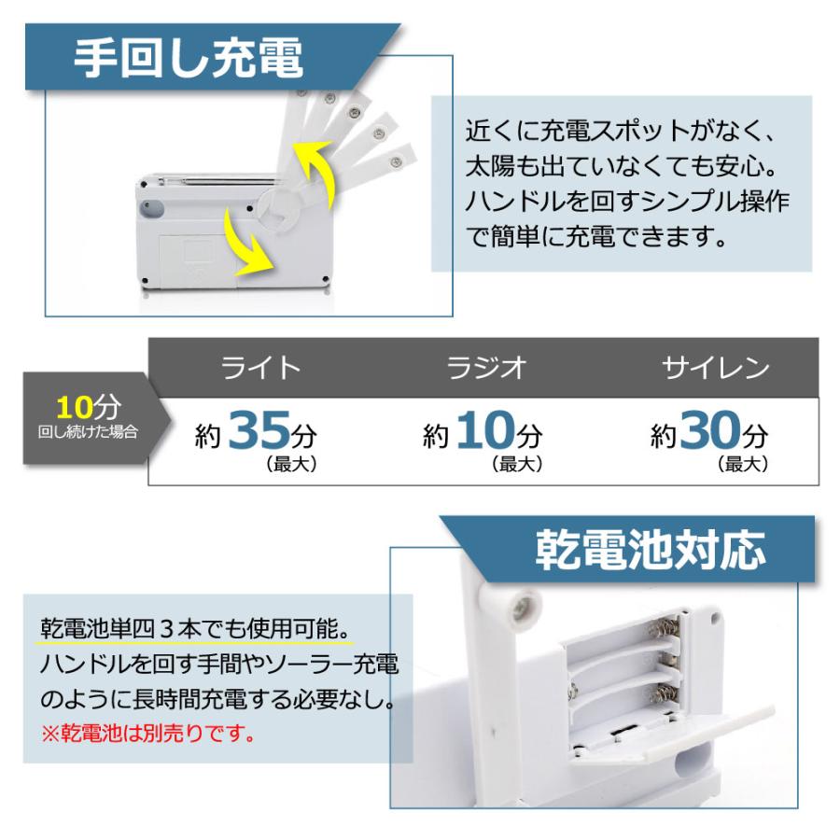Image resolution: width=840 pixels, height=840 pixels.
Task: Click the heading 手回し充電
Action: pyautogui.click(x=189, y=58)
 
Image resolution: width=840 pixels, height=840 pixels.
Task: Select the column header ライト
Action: pyautogui.click(x=261, y=368)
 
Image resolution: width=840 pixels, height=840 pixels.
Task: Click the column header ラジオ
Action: pyautogui.click(x=486, y=368)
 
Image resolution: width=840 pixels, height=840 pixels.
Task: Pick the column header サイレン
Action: pyautogui.click(x=716, y=368)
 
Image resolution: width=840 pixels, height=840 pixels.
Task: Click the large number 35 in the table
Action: pyautogui.click(x=259, y=429)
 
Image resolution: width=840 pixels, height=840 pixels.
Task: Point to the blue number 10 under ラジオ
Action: pyautogui.click(x=485, y=429)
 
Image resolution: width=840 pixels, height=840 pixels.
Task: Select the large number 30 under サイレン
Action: pyautogui.click(x=710, y=429)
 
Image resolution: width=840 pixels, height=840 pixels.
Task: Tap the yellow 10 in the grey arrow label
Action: pyautogui.click(x=75, y=408)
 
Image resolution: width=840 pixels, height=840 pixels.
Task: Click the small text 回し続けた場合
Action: pyautogui.click(x=88, y=432)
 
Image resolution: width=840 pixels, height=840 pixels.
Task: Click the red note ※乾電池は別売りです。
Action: pyautogui.click(x=148, y=734)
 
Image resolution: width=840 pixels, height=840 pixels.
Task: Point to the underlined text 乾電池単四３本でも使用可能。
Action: pyautogui.click(x=196, y=628)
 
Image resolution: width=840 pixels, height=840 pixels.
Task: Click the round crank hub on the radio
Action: pyautogui.click(x=279, y=209)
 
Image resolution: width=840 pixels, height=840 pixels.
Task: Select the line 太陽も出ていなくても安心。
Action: pyautogui.click(x=622, y=165)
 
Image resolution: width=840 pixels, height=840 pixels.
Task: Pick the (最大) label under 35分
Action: pyautogui.click(x=292, y=464)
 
